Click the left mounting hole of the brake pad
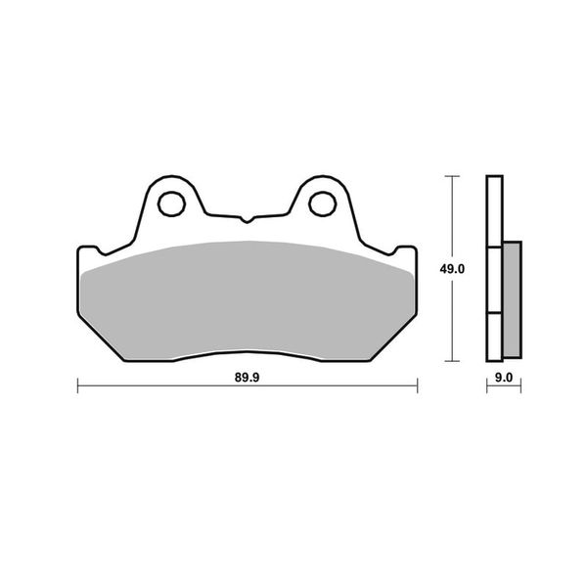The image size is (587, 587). [x=172, y=204]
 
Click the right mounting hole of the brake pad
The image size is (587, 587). [x=322, y=204]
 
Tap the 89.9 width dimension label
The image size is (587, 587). [x=248, y=378]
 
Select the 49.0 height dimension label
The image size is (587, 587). [x=452, y=269]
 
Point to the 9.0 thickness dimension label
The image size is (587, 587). [x=504, y=378]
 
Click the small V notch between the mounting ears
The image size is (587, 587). [x=247, y=219]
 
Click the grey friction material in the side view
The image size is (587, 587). [x=512, y=299]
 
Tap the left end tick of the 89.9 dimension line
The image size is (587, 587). [x=77, y=385]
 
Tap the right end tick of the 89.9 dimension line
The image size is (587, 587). [x=417, y=385]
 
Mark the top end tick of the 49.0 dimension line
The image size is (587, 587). [x=453, y=176]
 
